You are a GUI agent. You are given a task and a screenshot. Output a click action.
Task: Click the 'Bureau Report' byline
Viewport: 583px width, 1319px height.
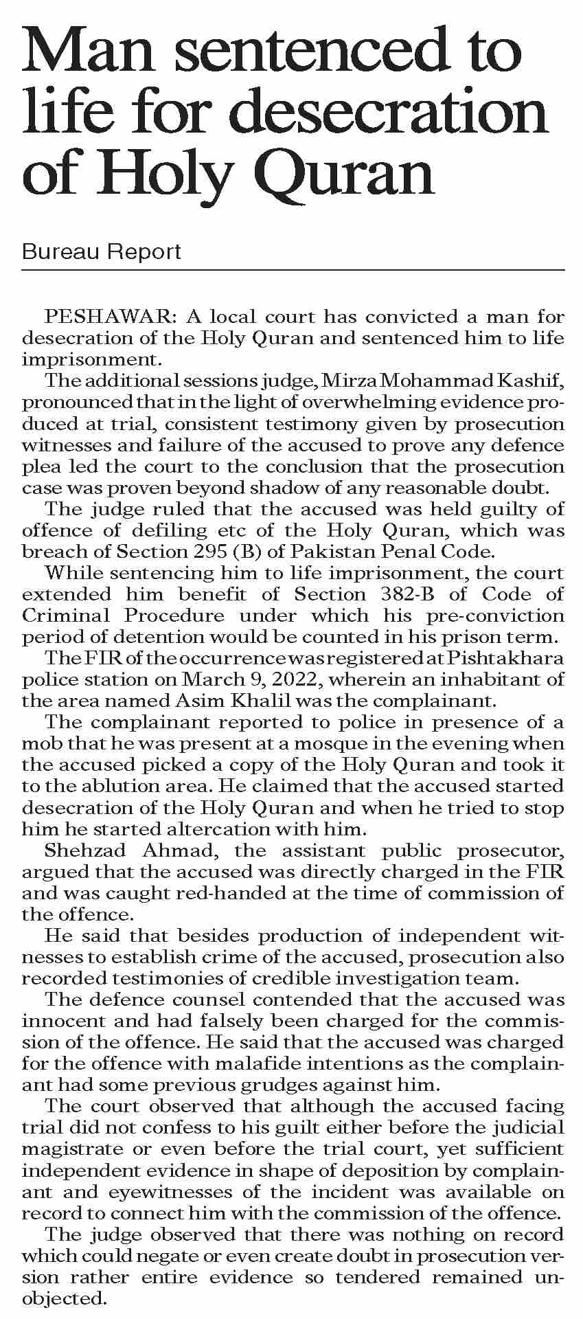tap(102, 251)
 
